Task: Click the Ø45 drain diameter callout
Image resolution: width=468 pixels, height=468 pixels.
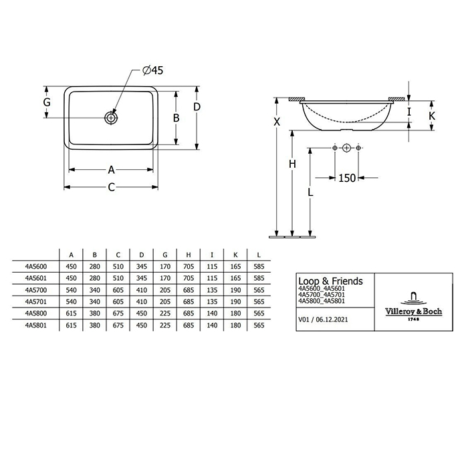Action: click(153, 70)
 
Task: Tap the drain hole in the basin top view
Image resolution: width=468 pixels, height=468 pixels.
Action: click(111, 118)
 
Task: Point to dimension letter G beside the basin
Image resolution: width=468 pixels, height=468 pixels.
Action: click(47, 102)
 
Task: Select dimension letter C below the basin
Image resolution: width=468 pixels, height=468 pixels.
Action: click(112, 187)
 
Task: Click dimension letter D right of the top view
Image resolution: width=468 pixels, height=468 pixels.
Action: click(197, 107)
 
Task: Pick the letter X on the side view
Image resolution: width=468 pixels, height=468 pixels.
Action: click(277, 122)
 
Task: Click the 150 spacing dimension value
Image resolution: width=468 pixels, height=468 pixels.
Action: click(347, 179)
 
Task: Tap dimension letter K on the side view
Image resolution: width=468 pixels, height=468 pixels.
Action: click(432, 116)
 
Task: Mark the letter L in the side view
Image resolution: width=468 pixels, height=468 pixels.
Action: click(310, 193)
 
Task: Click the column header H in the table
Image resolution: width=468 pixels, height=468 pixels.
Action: click(189, 255)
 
